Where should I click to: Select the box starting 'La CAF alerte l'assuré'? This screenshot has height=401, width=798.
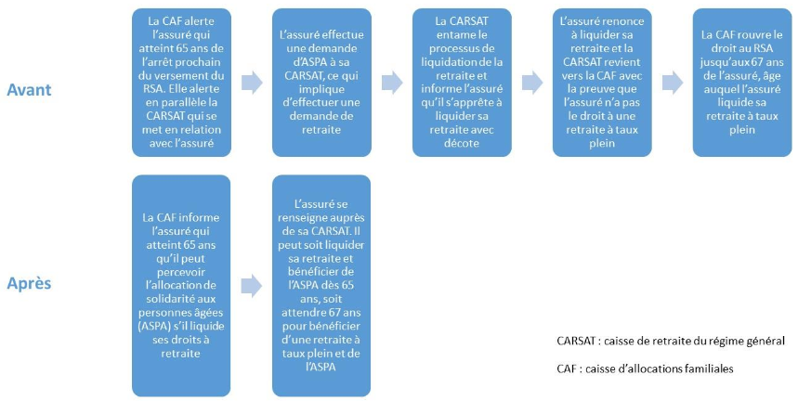pyautogui.click(x=181, y=82)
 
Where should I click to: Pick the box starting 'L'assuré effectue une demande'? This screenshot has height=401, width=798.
pyautogui.click(x=321, y=82)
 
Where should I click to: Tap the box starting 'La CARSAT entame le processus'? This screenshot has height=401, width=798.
pyautogui.click(x=461, y=82)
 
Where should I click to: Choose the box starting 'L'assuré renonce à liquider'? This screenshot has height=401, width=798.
pyautogui.click(x=602, y=82)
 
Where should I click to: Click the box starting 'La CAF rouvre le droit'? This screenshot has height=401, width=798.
pyautogui.click(x=740, y=82)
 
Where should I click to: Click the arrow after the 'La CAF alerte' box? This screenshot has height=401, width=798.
pyautogui.click(x=252, y=83)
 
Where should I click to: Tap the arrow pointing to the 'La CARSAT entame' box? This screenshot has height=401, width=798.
pyautogui.click(x=392, y=83)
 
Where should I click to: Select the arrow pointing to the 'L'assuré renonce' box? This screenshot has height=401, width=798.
pyautogui.click(x=532, y=83)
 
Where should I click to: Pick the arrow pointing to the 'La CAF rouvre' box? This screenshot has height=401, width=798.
pyautogui.click(x=672, y=83)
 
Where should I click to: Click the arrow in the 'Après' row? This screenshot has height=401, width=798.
pyautogui.click(x=252, y=284)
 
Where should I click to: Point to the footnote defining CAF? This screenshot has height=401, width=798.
pyautogui.click(x=645, y=369)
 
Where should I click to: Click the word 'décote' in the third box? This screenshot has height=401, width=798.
pyautogui.click(x=462, y=144)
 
